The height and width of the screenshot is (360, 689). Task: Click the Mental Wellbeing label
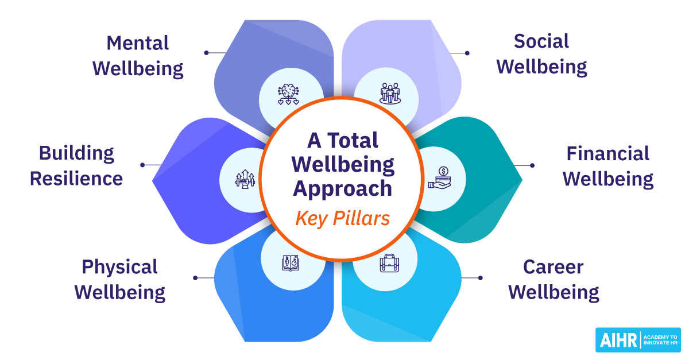(x=138, y=56)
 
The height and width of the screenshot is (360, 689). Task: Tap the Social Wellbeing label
(x=541, y=54)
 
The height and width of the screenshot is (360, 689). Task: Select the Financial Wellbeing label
(x=608, y=166)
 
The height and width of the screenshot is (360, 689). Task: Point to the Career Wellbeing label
(x=553, y=280)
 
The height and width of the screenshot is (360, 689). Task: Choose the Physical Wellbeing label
(x=119, y=280)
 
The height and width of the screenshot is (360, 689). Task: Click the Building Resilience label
(x=76, y=165)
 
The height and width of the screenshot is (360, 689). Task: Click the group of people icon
(x=390, y=93)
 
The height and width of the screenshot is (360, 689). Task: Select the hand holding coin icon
(x=442, y=177)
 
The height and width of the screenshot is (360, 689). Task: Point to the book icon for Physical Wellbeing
(x=289, y=262)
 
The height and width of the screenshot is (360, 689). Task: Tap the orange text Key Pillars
(x=343, y=218)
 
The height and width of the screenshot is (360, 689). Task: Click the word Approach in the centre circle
(x=343, y=189)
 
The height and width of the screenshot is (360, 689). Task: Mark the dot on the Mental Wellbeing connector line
(x=207, y=53)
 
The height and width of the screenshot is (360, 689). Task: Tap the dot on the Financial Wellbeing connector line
(x=532, y=165)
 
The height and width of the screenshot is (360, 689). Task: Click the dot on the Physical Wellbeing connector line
(x=195, y=278)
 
